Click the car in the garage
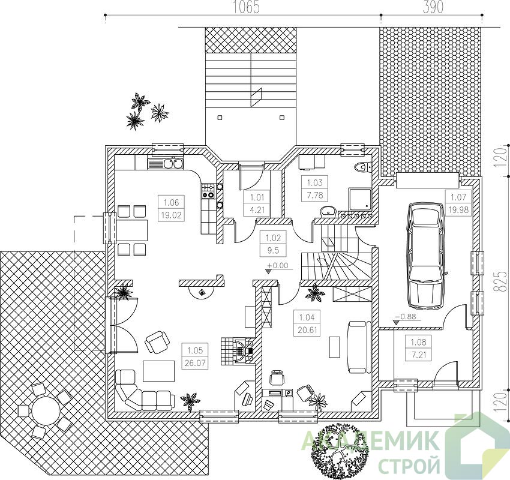[x=427, y=256]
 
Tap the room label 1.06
[x=171, y=202]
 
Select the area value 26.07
[x=195, y=362]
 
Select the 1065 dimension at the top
[x=245, y=7]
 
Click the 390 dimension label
[x=432, y=7]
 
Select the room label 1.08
[x=418, y=342]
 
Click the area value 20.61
[x=308, y=330]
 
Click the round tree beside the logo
[x=340, y=451]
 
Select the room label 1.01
[x=257, y=197]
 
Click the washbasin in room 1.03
[x=329, y=212]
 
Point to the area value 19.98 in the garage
[x=458, y=210]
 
